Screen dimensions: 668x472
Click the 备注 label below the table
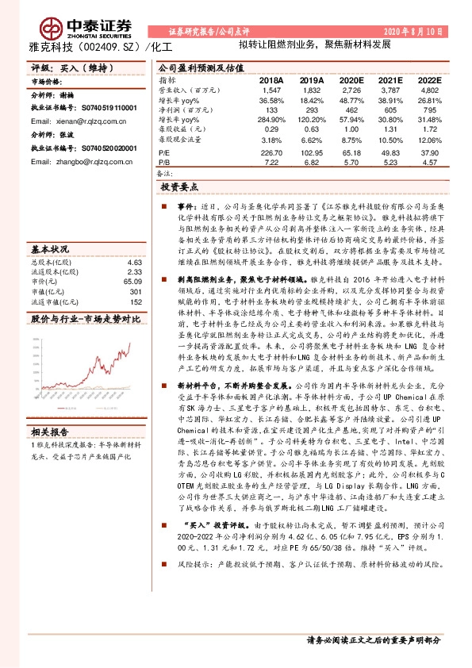tap(165, 172)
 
